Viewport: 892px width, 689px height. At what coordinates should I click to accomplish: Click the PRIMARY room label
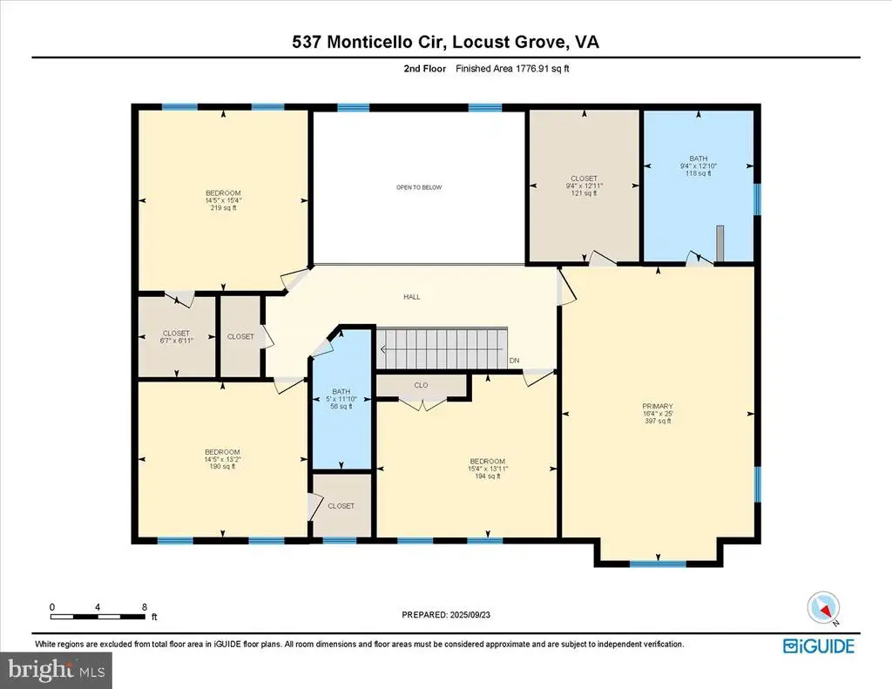(x=659, y=406)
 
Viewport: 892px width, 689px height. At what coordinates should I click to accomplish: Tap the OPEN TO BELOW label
(x=419, y=187)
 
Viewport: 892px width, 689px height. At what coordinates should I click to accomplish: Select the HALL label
(x=411, y=297)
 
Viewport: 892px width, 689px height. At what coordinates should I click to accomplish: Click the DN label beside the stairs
(x=515, y=360)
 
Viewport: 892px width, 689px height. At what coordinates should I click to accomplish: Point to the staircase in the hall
(x=442, y=348)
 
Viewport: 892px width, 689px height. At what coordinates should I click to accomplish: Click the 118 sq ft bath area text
(x=697, y=173)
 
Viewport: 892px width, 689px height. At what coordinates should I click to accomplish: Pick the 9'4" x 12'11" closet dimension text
(x=584, y=185)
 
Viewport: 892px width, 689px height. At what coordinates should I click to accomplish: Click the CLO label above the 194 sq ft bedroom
(x=421, y=384)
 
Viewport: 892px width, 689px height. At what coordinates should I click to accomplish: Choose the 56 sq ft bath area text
(x=341, y=406)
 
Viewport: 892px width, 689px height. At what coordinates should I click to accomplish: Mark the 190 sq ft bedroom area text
(x=222, y=467)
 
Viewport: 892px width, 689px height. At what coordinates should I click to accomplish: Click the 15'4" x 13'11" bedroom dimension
(x=487, y=469)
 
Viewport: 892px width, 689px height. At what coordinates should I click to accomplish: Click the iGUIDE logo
(x=818, y=646)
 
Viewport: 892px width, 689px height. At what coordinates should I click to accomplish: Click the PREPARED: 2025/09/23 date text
(x=445, y=615)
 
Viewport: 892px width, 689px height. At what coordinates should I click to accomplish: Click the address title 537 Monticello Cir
(x=368, y=41)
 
